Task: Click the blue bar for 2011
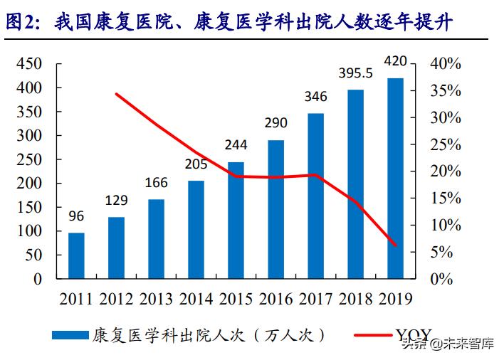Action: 76,255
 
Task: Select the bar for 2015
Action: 236,220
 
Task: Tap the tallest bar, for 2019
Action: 395,178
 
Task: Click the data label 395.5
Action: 355,73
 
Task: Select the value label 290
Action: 275,124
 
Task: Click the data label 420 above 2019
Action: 395,61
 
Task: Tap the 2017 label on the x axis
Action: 315,297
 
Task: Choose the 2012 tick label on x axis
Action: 116,297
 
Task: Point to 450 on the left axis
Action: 29,64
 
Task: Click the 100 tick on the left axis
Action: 29,231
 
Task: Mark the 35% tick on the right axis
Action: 446,91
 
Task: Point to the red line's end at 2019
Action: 395,245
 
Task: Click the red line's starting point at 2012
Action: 116,94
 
